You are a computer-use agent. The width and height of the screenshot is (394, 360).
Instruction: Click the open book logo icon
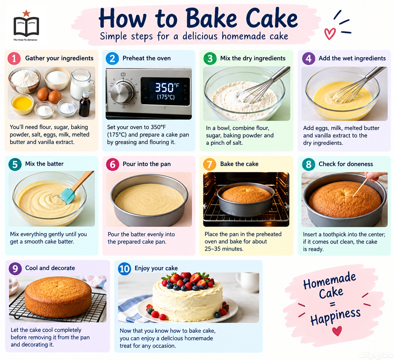coord(26,26)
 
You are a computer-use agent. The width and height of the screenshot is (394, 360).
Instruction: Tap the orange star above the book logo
coord(26,13)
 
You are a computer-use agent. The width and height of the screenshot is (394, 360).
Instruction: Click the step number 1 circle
coord(14,59)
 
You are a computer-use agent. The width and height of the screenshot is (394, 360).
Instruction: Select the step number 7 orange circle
coord(210,164)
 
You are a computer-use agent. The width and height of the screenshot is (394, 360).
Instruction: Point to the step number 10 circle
coord(125,269)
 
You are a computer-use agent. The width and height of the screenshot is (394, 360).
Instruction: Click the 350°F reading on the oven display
coord(167,87)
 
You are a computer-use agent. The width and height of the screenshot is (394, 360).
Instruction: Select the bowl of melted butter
coord(22,104)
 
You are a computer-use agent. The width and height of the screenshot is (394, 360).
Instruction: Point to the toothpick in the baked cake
coord(360,188)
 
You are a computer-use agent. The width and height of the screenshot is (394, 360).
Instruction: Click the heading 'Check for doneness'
coord(345,164)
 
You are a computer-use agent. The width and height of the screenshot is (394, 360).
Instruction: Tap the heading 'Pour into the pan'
coord(147,164)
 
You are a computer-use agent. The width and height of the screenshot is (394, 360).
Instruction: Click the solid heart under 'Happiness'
coord(337,331)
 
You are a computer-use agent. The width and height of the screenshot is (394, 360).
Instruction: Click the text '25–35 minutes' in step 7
coord(224,249)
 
